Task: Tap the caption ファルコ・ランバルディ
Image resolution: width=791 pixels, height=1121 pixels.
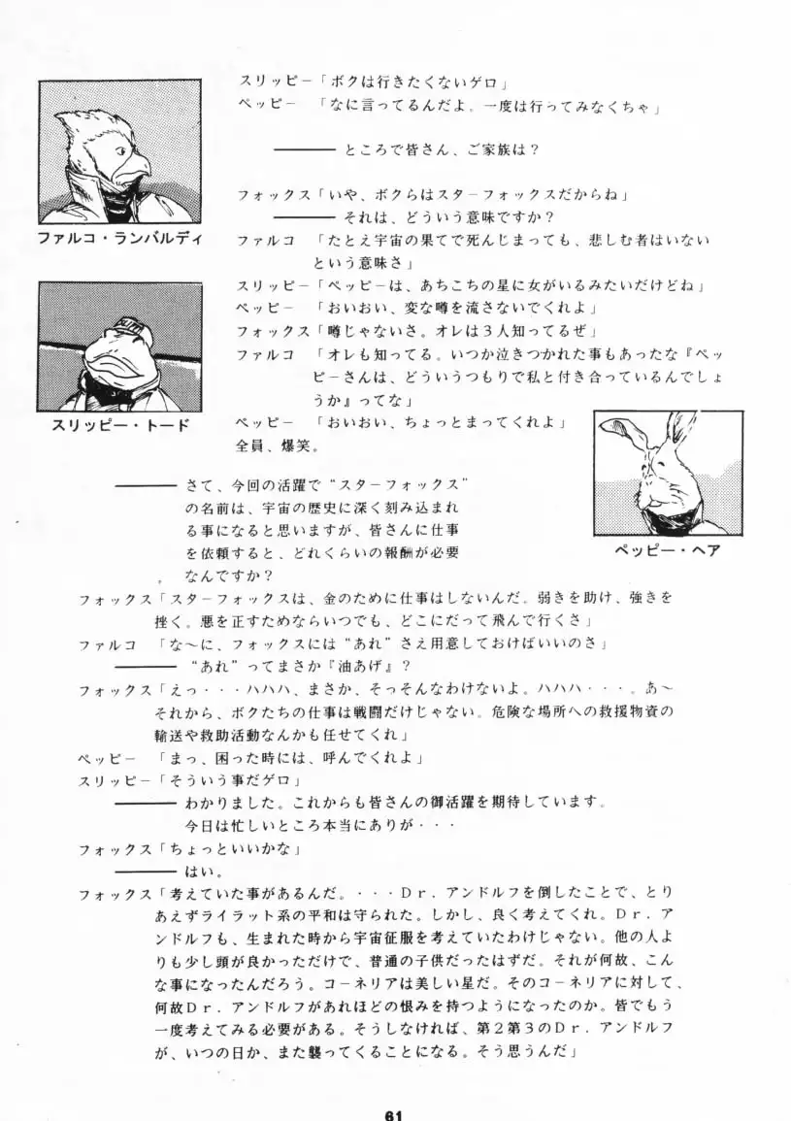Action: (120, 239)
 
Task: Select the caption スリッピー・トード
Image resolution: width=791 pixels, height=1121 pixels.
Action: (120, 424)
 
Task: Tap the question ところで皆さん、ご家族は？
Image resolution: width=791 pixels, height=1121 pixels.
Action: (440, 150)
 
